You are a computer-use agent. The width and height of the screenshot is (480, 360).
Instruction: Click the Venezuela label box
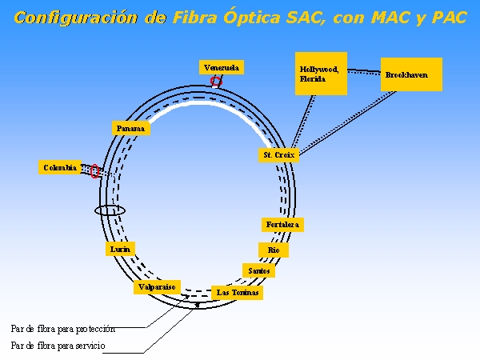[222, 67]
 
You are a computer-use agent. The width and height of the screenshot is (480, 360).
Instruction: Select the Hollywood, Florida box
[321, 74]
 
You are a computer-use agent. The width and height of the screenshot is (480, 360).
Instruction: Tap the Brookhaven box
[410, 74]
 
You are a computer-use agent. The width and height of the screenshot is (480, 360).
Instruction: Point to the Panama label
[130, 128]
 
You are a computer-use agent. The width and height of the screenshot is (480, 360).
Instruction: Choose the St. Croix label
[279, 154]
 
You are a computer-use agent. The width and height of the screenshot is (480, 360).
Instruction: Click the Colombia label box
[60, 167]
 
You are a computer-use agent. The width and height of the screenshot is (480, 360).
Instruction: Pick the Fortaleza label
[282, 225]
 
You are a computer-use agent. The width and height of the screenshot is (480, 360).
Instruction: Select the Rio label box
[273, 250]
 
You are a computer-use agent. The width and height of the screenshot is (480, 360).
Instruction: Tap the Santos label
[259, 270]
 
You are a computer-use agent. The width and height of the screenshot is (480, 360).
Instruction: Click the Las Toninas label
[238, 293]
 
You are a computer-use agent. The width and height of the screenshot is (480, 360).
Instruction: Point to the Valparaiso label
[157, 287]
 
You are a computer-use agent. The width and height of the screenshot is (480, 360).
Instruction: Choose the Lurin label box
[120, 250]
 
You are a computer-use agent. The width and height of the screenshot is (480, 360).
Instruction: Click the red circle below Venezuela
[216, 82]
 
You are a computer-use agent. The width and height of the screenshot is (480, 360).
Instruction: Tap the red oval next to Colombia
[94, 171]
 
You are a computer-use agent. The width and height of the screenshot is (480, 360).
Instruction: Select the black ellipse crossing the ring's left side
[110, 210]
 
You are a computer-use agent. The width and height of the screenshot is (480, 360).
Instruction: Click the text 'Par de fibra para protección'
[63, 328]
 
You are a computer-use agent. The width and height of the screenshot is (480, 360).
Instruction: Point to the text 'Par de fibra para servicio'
[58, 346]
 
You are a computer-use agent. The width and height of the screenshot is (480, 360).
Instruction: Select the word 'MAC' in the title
[398, 18]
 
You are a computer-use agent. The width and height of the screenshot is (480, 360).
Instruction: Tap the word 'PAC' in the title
[450, 18]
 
